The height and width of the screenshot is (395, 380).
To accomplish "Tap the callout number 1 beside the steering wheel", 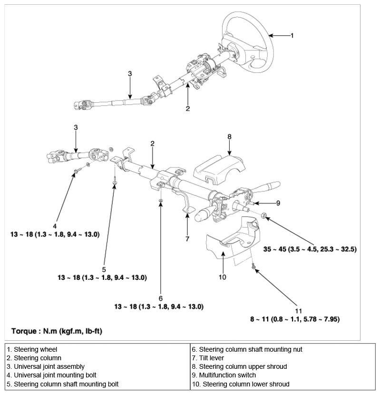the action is pos(292,36).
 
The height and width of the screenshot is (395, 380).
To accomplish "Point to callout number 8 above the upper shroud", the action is pos(229,137).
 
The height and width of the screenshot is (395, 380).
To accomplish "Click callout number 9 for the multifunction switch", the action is pos(278,203).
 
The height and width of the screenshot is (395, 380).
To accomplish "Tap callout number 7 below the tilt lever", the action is pos(187,239).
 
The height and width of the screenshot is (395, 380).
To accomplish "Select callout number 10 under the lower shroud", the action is pos(223,277).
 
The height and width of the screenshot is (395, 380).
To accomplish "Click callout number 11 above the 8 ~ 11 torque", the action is pos(298,311).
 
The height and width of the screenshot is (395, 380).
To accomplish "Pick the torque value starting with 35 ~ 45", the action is pos(310,249).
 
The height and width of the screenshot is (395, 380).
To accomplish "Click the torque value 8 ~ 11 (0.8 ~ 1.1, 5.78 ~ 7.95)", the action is pos(295,319).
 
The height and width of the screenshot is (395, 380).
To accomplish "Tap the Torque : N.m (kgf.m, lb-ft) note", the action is pos(57,331).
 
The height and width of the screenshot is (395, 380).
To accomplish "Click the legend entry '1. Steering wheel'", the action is pos(32,349).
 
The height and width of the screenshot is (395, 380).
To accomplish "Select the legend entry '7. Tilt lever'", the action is pos(208,358).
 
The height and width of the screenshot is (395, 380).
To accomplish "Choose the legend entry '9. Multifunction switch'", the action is pos(224,375).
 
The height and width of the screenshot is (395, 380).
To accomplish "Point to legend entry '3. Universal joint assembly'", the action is pos(46,366).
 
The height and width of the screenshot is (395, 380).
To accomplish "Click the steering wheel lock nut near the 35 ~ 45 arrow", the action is pos(264,216).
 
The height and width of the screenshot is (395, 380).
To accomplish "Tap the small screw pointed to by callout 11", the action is pos(253,266).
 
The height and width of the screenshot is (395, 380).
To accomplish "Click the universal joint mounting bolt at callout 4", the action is pos(78,170).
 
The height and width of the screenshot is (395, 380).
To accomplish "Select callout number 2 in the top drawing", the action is pos(187,109).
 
